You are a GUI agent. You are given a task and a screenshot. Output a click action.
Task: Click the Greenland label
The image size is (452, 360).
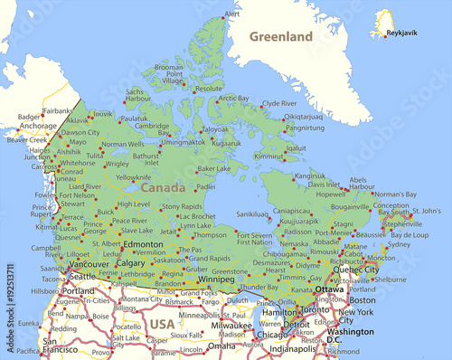point(282,36)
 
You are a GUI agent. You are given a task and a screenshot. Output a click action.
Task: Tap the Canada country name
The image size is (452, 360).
point(165,187)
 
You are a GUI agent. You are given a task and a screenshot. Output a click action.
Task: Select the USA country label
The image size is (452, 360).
point(163,323)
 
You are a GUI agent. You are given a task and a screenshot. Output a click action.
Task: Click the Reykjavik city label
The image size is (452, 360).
point(402,32)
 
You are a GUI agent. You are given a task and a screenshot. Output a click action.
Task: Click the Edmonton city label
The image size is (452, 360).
point(143,244)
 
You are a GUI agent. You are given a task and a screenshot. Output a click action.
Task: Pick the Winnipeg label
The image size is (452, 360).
point(216,279)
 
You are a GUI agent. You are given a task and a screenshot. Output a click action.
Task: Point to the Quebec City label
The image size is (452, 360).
point(357,269)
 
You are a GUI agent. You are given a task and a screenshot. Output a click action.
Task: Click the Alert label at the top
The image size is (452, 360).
point(232,14)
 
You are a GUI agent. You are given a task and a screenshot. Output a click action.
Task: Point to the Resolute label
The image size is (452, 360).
point(209,89)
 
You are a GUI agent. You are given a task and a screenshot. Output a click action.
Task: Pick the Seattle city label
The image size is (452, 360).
point(81,276)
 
